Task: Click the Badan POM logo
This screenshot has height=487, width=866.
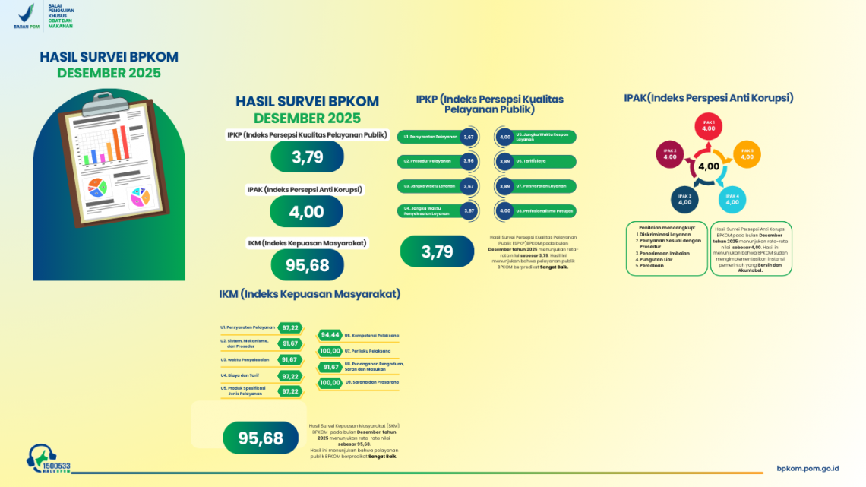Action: point(27,15)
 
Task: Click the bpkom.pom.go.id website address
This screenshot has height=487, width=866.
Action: point(808,469)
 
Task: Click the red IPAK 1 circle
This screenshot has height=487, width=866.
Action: point(709,127)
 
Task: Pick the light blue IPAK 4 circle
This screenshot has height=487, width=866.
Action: point(732,200)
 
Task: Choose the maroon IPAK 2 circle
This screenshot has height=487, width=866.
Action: point(670,154)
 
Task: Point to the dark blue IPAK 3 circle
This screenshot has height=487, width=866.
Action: point(684,200)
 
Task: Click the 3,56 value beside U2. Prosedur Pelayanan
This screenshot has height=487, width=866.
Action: point(469,161)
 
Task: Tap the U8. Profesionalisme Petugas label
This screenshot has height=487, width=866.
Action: point(544,210)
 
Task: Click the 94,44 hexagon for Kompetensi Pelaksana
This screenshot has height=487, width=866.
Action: point(330,335)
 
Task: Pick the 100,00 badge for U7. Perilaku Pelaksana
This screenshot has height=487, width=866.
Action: point(330,351)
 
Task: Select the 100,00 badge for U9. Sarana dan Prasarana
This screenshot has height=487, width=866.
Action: point(330,383)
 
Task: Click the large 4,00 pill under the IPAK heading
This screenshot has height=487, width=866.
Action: point(307,212)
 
